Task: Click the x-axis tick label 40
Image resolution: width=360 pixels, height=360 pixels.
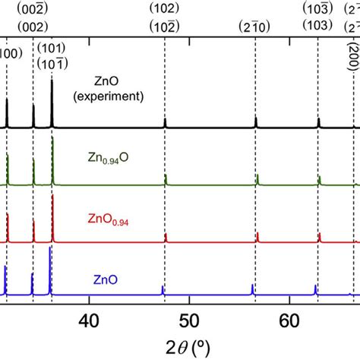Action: [90, 321]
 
